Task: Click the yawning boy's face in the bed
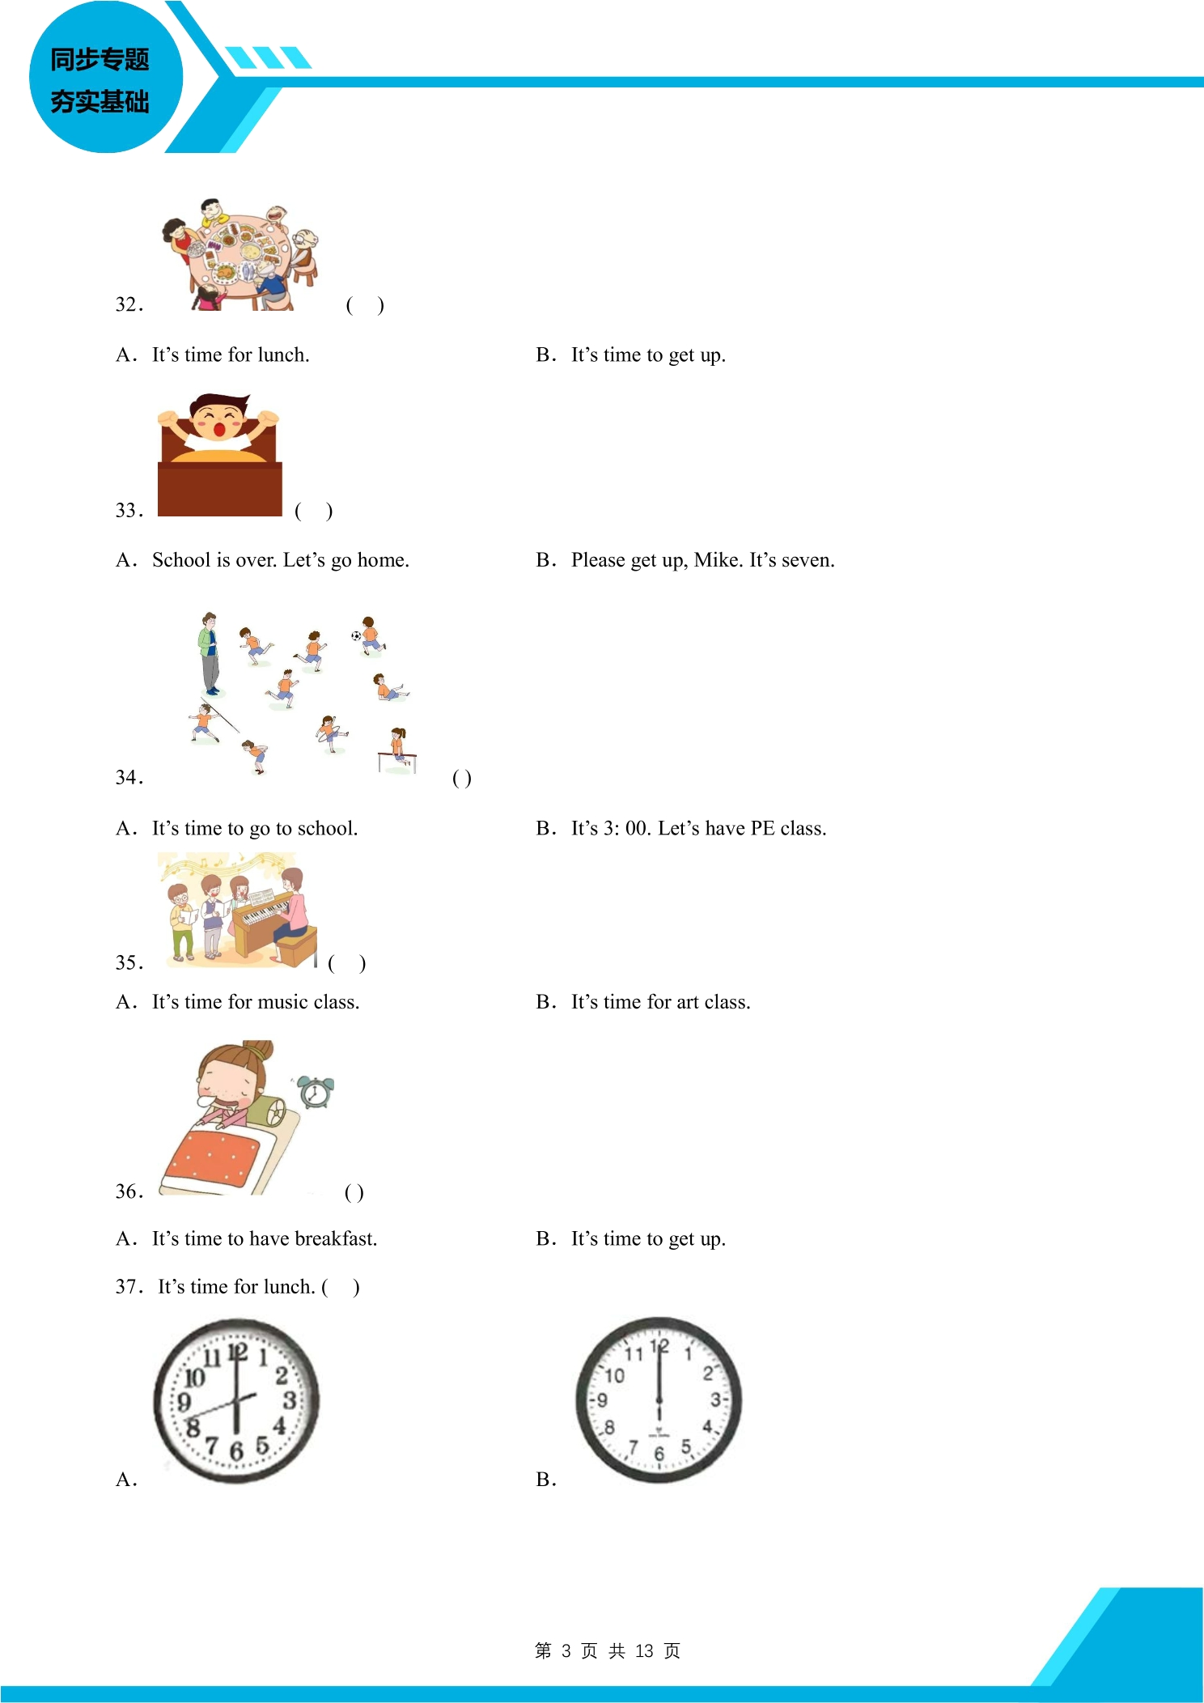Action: [x=219, y=419]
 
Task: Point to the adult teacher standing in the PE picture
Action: [x=210, y=653]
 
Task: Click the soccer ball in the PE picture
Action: [x=356, y=635]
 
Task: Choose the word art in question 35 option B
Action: [x=687, y=1002]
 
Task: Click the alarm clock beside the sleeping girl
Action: [x=315, y=1091]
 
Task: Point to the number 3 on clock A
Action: [x=289, y=1399]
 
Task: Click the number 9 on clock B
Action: [x=602, y=1399]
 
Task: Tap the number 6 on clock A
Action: [x=236, y=1450]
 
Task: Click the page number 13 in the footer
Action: [x=644, y=1650]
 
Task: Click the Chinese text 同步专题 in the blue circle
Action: [x=100, y=59]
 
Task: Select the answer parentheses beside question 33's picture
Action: [x=314, y=511]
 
